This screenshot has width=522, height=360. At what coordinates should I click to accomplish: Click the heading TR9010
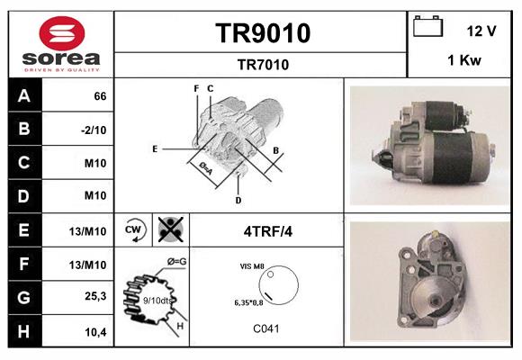point(263,33)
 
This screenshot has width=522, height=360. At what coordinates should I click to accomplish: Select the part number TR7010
point(263,64)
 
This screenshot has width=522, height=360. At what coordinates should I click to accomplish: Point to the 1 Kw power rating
point(463,60)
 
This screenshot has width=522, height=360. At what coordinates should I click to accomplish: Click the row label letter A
point(23,94)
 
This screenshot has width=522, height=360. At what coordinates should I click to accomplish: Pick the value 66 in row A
point(100,95)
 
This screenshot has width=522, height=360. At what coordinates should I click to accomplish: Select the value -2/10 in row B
point(94,129)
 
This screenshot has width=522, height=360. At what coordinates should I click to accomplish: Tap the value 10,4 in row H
point(96,332)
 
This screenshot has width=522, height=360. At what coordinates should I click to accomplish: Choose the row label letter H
point(23,331)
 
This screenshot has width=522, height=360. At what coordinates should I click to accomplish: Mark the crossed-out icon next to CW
point(169,229)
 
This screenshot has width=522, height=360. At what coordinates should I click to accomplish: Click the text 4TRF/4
point(267,231)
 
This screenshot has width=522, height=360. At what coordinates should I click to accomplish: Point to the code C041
point(266,328)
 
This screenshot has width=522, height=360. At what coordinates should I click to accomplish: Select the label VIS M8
point(253,266)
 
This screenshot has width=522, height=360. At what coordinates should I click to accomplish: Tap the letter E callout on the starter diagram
point(155,148)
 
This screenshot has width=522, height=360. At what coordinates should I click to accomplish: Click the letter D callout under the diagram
point(238,199)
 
